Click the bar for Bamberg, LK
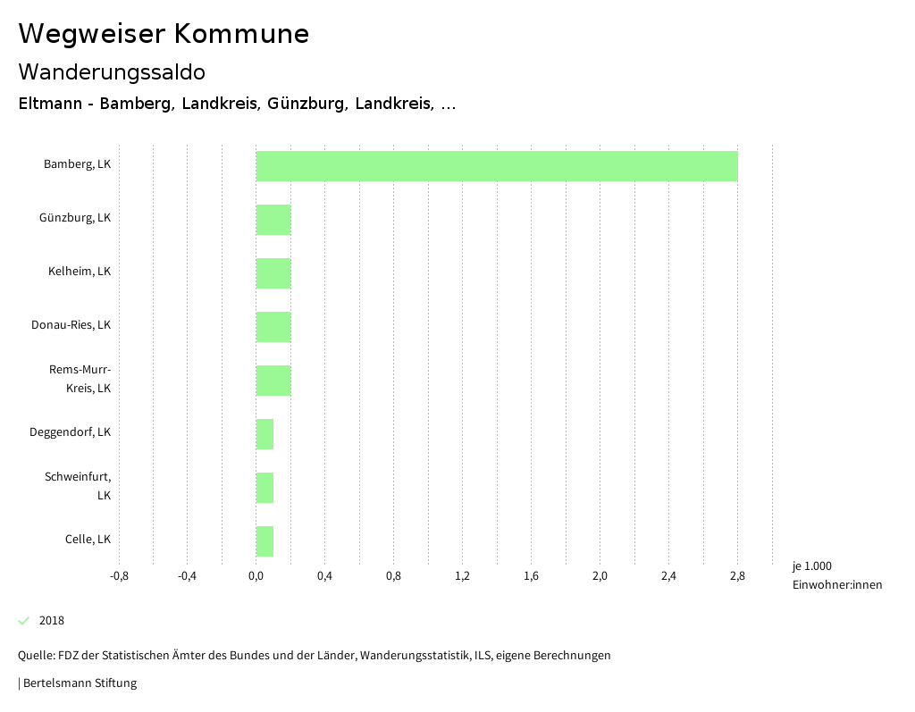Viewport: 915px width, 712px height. [x=497, y=166]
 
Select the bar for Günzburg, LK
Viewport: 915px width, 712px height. [x=273, y=220]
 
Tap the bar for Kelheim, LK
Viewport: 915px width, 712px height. [x=273, y=273]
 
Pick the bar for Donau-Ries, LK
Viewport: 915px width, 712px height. [x=273, y=327]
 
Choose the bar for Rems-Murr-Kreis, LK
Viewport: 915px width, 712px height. [x=273, y=381]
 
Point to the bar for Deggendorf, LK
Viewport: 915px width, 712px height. [x=264, y=434]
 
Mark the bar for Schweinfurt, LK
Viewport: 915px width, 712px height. [x=264, y=488]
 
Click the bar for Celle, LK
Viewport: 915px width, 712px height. [x=264, y=541]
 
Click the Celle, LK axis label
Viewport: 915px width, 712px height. [x=88, y=540]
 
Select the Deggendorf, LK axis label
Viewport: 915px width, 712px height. [x=70, y=432]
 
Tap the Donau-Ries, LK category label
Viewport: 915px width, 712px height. [x=71, y=325]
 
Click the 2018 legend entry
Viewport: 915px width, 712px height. [x=52, y=621]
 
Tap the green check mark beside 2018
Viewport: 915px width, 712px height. [x=24, y=621]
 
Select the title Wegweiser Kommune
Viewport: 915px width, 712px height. [x=164, y=34]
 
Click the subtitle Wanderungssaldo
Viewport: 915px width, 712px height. [x=112, y=71]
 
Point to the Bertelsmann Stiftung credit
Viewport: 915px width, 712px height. [x=79, y=683]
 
